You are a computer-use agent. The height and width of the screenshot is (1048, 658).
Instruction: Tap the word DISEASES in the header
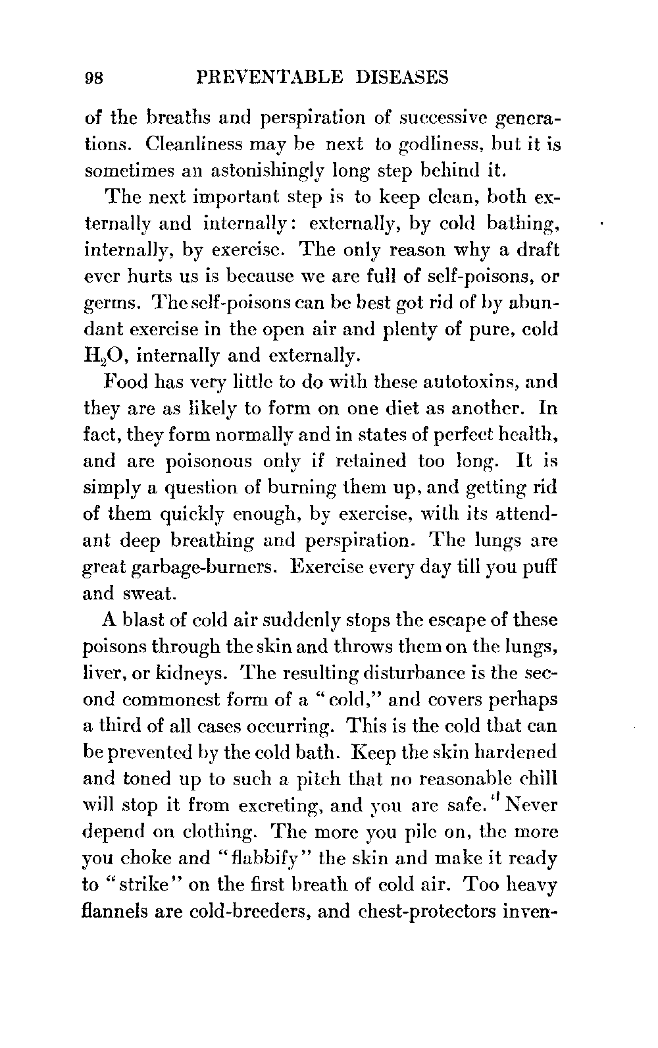click(x=401, y=78)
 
